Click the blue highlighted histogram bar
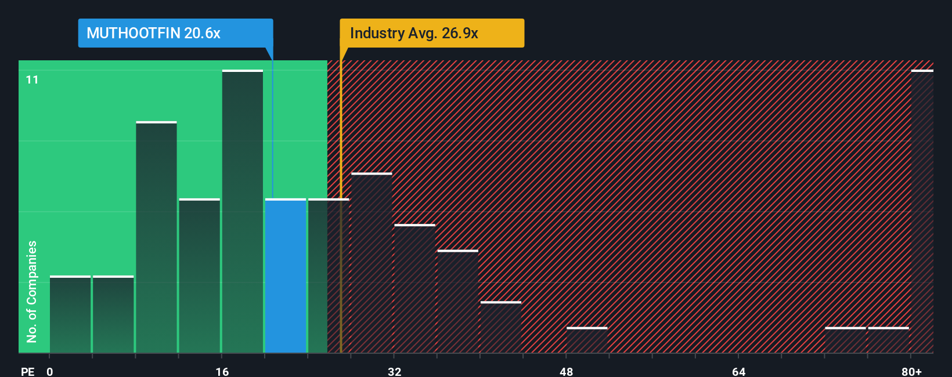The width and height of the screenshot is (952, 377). [x=286, y=276]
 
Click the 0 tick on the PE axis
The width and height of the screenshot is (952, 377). [x=50, y=371]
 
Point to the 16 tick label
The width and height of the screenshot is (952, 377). [x=222, y=371]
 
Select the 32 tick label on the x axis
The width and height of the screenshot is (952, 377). [x=394, y=371]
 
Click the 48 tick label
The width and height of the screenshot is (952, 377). [x=566, y=371]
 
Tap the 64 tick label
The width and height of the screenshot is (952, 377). [x=738, y=371]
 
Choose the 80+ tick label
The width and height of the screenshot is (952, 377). [x=911, y=371]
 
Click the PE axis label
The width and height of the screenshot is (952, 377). [x=27, y=371]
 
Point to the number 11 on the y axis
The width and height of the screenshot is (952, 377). [x=32, y=79]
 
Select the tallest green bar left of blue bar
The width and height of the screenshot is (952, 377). [x=242, y=212]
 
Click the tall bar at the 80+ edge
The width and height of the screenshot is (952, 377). [x=922, y=212]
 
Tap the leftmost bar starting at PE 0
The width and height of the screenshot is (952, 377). [x=70, y=314]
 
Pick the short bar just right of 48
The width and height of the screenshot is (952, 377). [x=587, y=340]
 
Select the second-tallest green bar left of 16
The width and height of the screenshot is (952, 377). [x=156, y=238]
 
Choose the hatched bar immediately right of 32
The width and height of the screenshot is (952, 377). [x=414, y=288]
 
